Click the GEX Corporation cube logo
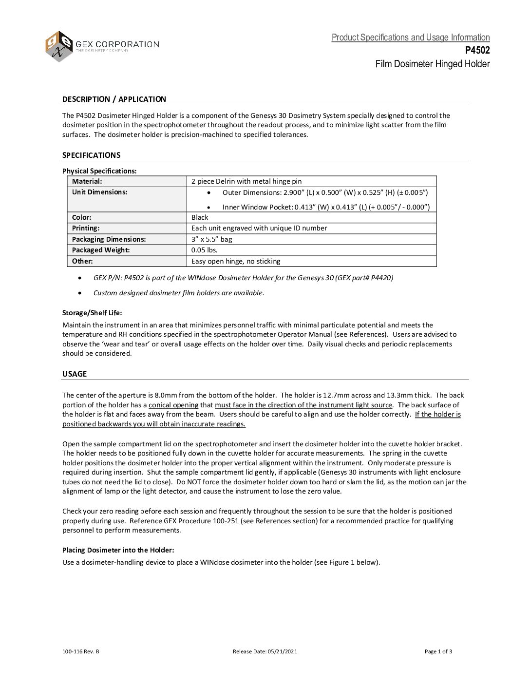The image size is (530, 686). pos(59,46)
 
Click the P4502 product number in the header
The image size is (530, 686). pos(477,50)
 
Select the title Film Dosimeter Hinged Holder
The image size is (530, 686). pos(432,64)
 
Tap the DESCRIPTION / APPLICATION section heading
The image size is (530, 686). pos(114,99)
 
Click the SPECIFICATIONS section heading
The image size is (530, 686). pos(91,155)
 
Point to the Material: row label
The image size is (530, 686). pos(87,181)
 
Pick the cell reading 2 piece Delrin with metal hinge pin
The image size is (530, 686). pos(246,181)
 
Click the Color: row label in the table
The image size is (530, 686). pos(82,217)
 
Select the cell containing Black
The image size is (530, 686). pos(200,217)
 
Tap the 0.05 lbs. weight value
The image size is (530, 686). pos(205,250)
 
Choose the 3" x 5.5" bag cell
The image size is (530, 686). pos(212,239)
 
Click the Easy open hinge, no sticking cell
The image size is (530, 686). pos(236,261)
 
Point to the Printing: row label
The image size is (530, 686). pos(86,228)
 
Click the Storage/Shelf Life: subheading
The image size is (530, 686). pos(92,313)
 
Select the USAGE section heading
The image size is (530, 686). pos(75,374)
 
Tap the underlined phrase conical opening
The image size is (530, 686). pos(173,405)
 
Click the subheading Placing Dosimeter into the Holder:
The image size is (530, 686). pos(118,550)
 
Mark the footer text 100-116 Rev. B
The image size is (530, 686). pos(81,651)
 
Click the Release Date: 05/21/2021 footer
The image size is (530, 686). pos(265,651)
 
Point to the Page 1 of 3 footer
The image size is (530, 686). pos(438,651)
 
